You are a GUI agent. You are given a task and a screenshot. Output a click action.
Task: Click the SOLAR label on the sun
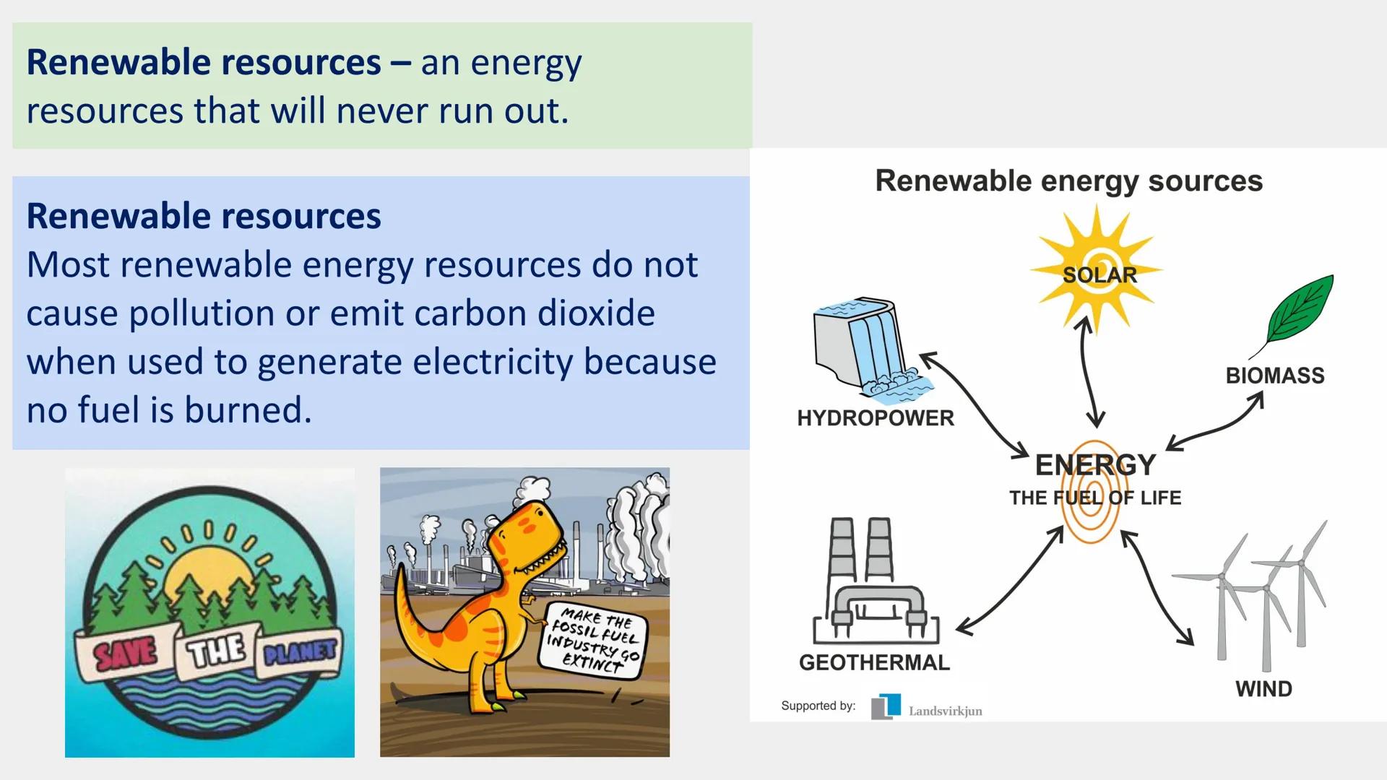(x=1099, y=275)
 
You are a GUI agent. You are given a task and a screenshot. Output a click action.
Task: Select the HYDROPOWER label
(x=876, y=418)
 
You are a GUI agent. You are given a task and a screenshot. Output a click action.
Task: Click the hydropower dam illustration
(x=867, y=347)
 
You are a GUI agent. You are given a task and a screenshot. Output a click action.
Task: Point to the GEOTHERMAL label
(x=874, y=662)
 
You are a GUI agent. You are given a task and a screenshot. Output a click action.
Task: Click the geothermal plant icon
(x=876, y=581)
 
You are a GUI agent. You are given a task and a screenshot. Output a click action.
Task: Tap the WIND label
(x=1263, y=689)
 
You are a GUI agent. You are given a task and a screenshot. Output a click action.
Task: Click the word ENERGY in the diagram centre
(x=1095, y=465)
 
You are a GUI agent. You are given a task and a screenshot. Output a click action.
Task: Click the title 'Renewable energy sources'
(x=1068, y=181)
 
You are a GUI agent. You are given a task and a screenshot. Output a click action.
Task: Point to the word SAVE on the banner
(x=126, y=654)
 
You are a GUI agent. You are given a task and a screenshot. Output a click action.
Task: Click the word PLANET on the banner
(x=300, y=652)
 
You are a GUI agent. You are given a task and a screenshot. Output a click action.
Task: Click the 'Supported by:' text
(x=818, y=706)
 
